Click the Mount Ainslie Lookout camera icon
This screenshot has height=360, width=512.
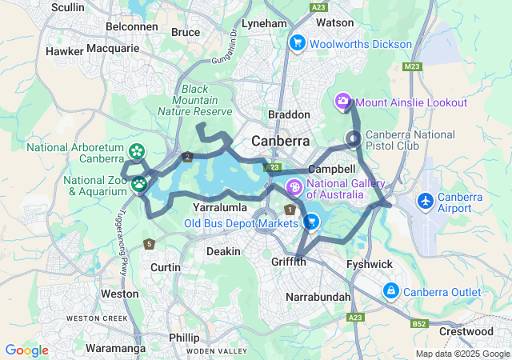[x=343, y=102]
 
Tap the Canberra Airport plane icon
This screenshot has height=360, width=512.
[x=426, y=199]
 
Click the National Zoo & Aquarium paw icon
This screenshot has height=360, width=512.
[x=139, y=184]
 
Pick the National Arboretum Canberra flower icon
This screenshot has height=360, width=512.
[x=137, y=150]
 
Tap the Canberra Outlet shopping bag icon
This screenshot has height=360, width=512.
[x=391, y=291]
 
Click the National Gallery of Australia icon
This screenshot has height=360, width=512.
[x=294, y=187]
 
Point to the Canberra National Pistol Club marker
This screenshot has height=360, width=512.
[x=353, y=139]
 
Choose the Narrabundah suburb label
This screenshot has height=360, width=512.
[x=318, y=297]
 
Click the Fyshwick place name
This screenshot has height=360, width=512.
[x=368, y=263]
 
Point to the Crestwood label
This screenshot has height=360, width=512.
[x=466, y=331]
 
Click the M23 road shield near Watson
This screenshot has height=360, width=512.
[x=413, y=66]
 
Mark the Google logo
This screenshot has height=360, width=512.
[x=26, y=350]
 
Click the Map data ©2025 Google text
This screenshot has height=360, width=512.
[x=462, y=354]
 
